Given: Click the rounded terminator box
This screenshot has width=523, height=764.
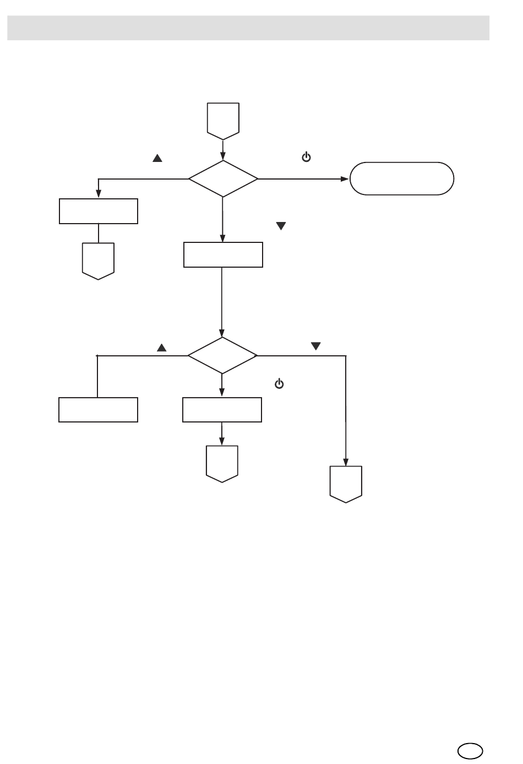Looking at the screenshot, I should click(x=402, y=178).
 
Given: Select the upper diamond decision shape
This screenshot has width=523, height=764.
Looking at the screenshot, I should click(x=223, y=178).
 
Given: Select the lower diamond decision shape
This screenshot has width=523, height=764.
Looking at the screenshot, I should click(x=222, y=355).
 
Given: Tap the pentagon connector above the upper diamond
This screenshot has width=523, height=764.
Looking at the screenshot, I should click(x=223, y=118).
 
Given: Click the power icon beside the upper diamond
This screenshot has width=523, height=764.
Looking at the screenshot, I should click(x=306, y=158).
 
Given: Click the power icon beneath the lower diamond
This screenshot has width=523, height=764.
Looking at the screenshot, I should click(x=279, y=384).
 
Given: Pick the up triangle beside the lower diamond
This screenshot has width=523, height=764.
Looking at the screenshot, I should click(x=162, y=348).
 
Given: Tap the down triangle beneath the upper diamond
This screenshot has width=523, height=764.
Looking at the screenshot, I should click(x=281, y=226).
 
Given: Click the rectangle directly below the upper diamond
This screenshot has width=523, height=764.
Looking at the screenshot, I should click(x=223, y=255).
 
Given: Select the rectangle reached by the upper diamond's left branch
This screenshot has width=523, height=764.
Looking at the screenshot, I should click(x=98, y=211).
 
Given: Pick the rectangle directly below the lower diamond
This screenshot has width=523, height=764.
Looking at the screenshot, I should click(x=222, y=410).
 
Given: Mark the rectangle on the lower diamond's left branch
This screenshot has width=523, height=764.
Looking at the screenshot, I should click(x=98, y=410).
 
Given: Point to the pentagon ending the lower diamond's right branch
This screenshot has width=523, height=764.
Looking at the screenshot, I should click(x=346, y=484).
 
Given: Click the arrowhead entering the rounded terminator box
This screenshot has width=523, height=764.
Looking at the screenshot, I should click(x=345, y=179).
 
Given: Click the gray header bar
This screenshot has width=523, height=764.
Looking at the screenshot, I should click(x=248, y=28).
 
